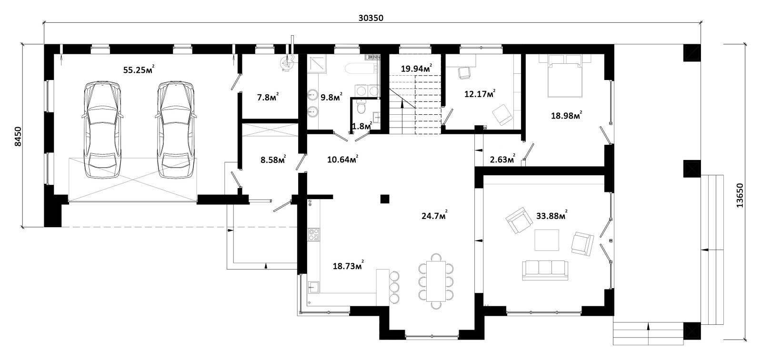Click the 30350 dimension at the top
(x=371, y=18)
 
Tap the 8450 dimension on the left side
(x=18, y=137)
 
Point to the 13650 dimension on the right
(x=740, y=195)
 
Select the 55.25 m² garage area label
(x=139, y=70)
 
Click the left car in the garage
(x=102, y=130)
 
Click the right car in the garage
(x=176, y=130)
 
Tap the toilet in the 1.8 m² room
(x=361, y=107)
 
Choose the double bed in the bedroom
(x=564, y=76)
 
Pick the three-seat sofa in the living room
(x=545, y=270)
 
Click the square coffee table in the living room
(x=547, y=240)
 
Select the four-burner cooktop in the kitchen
(x=314, y=234)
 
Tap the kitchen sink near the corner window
(x=313, y=287)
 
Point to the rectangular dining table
(x=436, y=281)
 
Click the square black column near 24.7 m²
(x=385, y=199)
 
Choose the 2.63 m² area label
(x=502, y=159)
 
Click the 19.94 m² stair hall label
(x=416, y=69)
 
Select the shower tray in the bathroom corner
(x=317, y=64)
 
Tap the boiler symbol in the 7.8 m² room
(x=286, y=64)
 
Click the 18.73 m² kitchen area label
(x=348, y=265)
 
